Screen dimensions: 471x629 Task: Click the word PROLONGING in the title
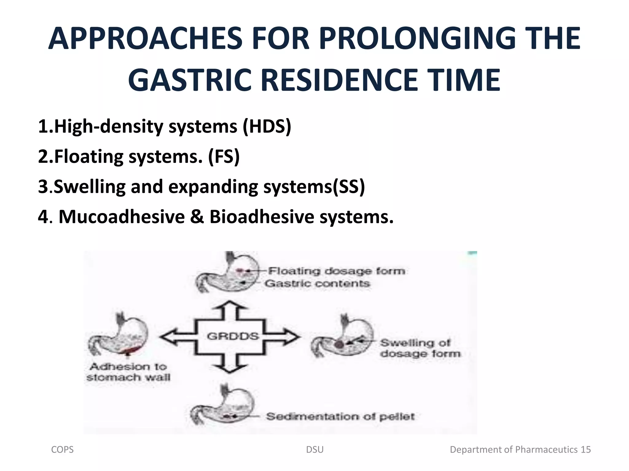click(x=417, y=39)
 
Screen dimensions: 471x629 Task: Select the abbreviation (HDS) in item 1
click(x=267, y=126)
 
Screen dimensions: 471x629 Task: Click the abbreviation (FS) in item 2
click(x=224, y=156)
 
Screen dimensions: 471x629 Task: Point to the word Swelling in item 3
click(x=89, y=186)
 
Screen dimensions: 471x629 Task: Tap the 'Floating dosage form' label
click(x=337, y=271)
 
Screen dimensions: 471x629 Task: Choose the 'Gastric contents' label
click(x=317, y=283)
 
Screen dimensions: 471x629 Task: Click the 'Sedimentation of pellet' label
click(x=340, y=416)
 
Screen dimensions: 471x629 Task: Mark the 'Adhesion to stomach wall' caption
click(x=128, y=372)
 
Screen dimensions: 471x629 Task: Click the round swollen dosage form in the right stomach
click(x=339, y=344)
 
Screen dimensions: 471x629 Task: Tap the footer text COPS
click(x=62, y=450)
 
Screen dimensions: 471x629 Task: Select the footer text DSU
click(x=315, y=450)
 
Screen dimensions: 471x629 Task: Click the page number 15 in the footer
click(x=586, y=450)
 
